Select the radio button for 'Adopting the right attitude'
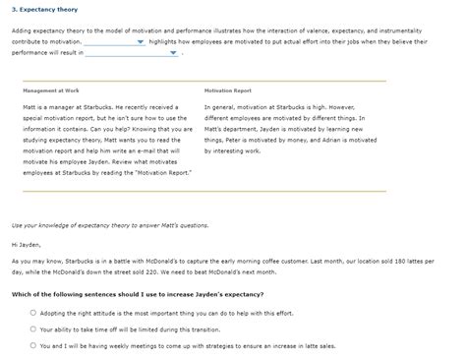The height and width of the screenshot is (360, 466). click(33, 312)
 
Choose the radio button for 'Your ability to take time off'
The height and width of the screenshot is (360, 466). click(33, 329)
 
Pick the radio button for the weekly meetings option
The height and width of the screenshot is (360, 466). click(33, 345)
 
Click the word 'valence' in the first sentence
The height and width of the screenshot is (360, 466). click(322, 31)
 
